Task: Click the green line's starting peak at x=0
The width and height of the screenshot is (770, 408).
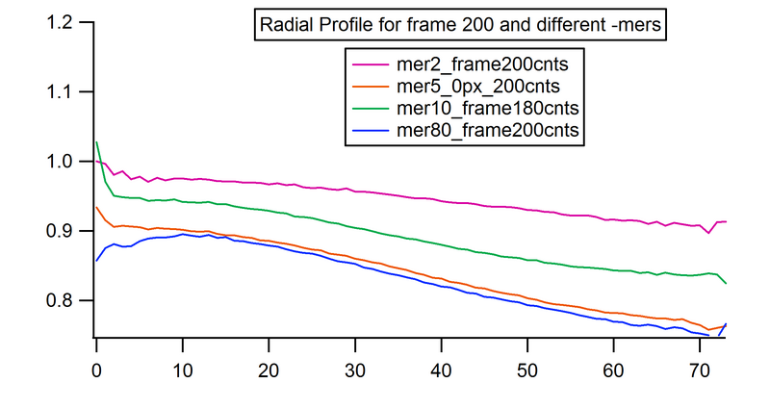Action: pos(97,142)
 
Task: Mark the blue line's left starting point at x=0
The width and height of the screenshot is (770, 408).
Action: pos(97,260)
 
